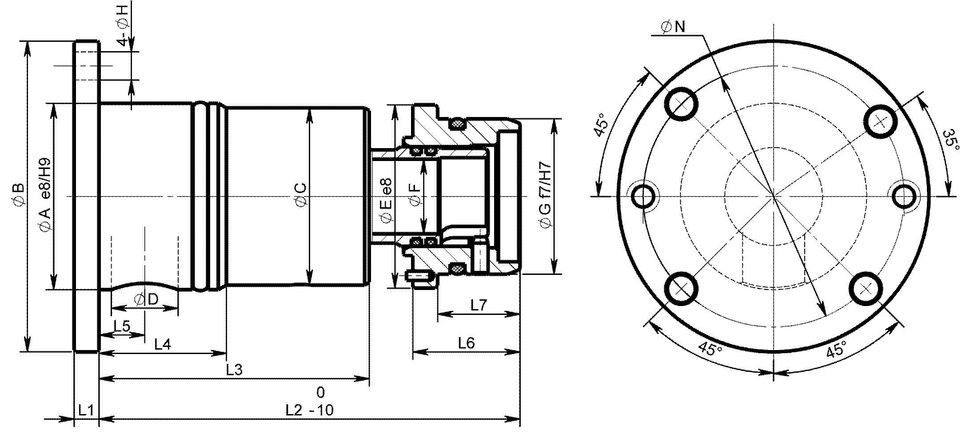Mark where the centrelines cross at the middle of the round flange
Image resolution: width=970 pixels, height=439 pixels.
774,196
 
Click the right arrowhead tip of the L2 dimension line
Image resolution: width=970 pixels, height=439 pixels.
519,419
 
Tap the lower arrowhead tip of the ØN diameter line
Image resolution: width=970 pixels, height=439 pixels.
825,317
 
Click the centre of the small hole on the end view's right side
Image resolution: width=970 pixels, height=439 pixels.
905,197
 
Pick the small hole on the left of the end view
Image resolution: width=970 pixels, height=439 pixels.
643,197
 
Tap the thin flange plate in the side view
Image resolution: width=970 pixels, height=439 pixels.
86,196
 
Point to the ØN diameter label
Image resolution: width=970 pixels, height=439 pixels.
674,27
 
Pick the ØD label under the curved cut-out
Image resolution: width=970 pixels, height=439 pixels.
146,300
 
